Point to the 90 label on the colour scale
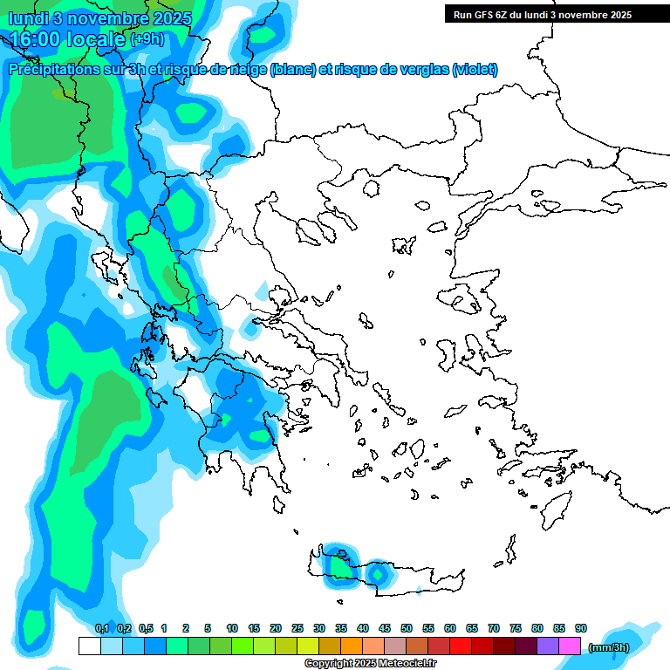[580, 628]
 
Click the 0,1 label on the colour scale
[101, 628]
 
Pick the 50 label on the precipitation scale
[406, 628]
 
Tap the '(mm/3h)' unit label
[609, 647]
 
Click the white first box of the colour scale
[89, 646]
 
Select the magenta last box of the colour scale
[570, 646]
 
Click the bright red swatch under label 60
[461, 646]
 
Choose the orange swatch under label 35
[352, 646]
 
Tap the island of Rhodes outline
[556, 508]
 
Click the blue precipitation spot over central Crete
[378, 574]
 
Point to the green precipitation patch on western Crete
[338, 565]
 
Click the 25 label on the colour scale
[297, 628]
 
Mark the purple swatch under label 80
[548, 646]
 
